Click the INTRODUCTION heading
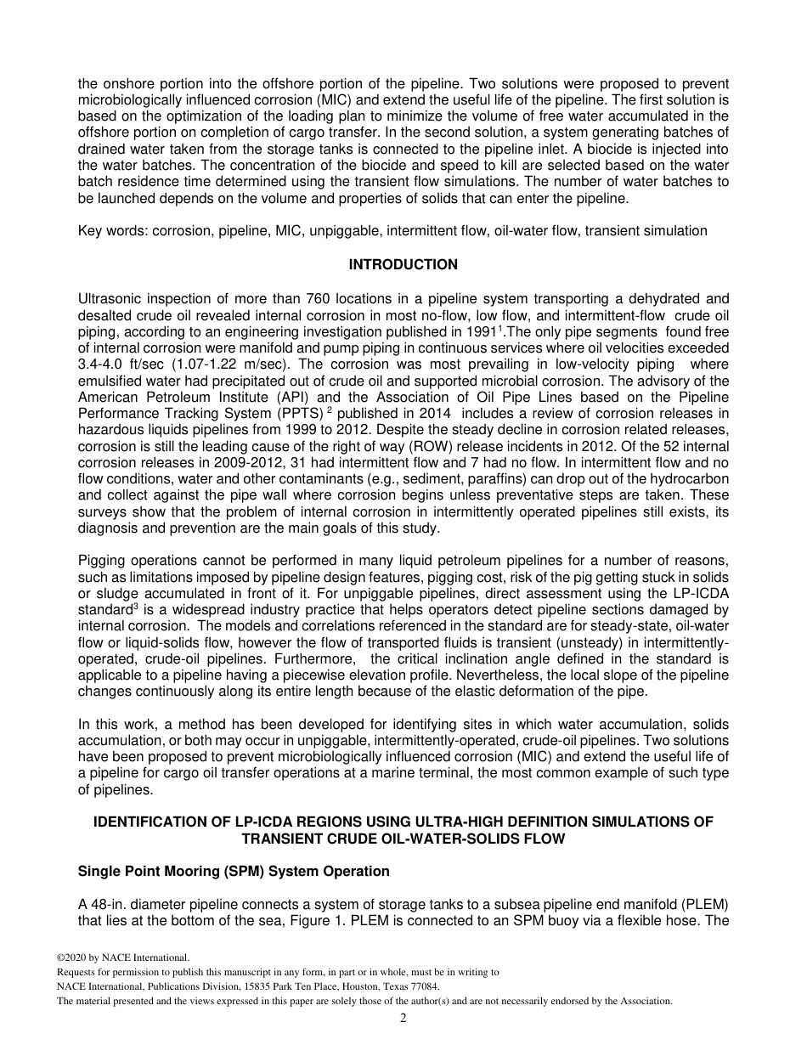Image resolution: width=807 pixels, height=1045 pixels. pyautogui.click(x=403, y=265)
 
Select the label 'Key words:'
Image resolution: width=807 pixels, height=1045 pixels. pyautogui.click(x=113, y=231)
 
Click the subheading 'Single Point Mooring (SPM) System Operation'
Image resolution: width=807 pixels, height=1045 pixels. pyautogui.click(x=234, y=872)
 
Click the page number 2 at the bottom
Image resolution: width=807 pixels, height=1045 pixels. pyautogui.click(x=403, y=1019)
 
